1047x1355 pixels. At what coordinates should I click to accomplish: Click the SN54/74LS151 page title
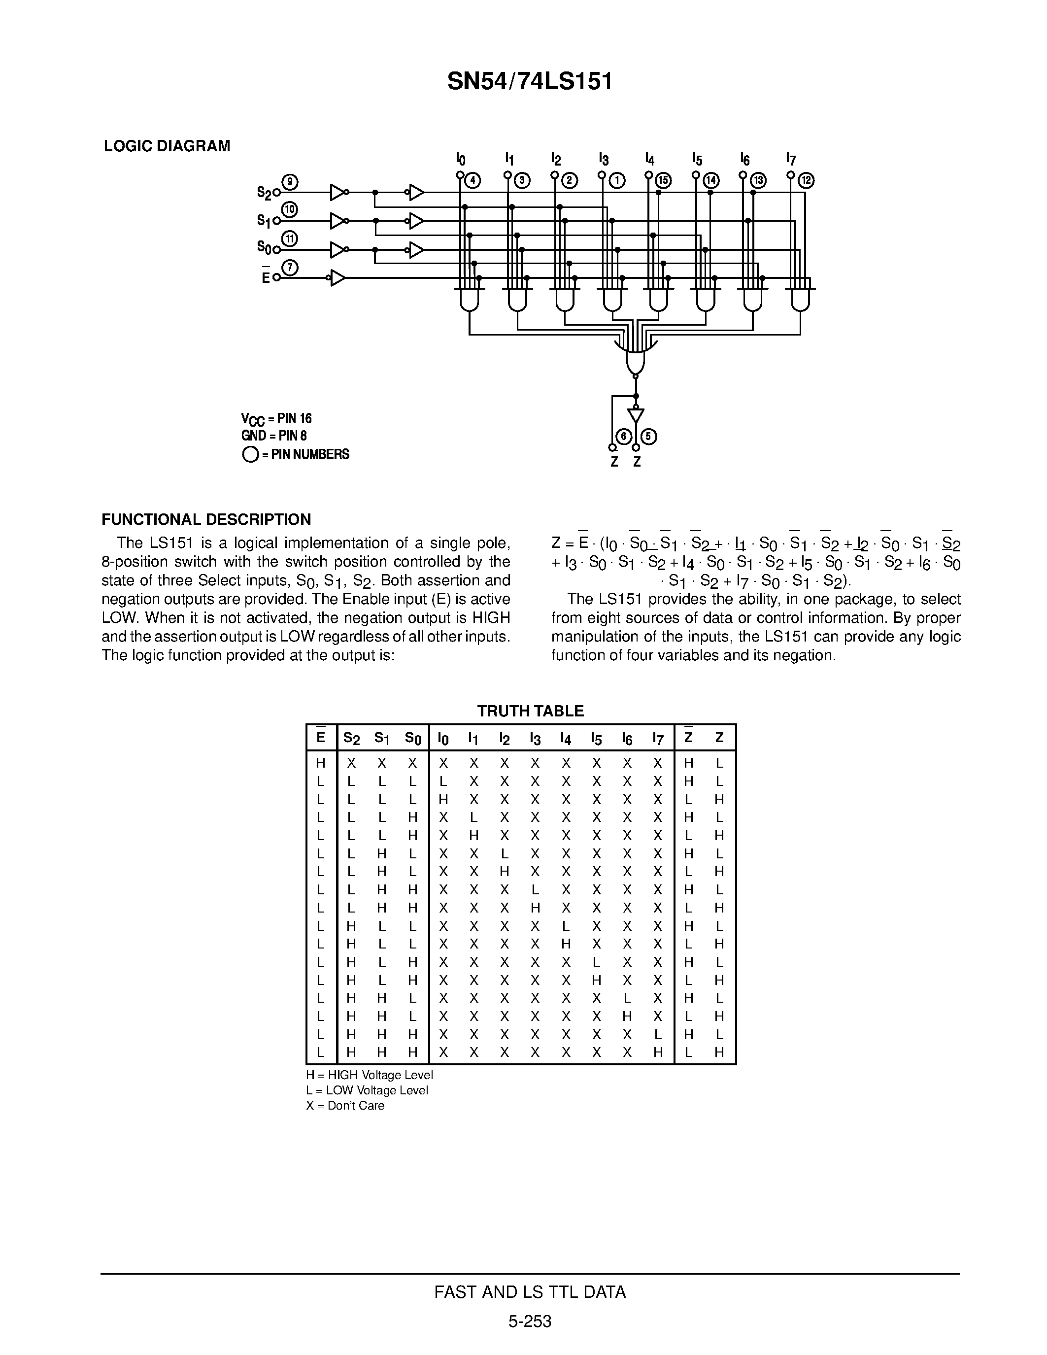(530, 81)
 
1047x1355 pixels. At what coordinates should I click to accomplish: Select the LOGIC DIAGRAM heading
(167, 146)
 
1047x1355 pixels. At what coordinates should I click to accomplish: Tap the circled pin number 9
(290, 182)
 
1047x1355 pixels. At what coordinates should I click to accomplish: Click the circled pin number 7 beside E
(290, 268)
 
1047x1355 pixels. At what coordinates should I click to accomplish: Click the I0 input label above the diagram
(460, 159)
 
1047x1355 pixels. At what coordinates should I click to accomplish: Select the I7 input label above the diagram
(790, 159)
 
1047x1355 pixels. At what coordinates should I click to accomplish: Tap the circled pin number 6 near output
(623, 436)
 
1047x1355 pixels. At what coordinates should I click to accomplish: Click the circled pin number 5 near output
(649, 436)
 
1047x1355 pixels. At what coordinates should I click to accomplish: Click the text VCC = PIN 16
(276, 419)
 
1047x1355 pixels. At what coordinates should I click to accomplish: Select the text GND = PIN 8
(273, 436)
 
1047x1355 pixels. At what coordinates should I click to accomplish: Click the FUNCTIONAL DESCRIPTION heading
(206, 519)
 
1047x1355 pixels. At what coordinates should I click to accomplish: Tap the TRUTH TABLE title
(530, 711)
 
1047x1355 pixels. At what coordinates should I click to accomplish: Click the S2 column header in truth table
(351, 738)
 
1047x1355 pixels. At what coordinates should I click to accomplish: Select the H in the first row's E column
(321, 763)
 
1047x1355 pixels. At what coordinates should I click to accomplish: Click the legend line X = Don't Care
(345, 1106)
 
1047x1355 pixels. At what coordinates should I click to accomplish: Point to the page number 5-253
(530, 1321)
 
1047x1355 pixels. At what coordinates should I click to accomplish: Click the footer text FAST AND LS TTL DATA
(530, 1292)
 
